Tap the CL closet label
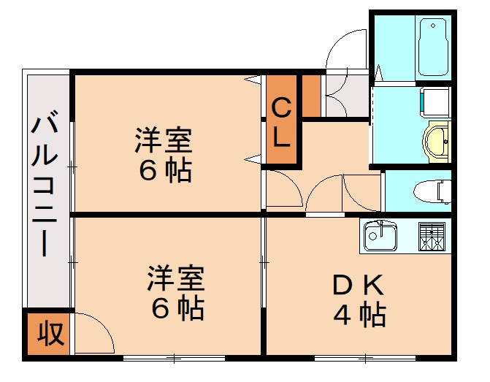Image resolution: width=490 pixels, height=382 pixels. (282, 123)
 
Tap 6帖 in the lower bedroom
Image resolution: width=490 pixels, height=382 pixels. (177, 310)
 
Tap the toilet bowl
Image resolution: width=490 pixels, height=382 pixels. (432, 192)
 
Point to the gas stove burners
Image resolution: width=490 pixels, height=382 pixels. (432, 235)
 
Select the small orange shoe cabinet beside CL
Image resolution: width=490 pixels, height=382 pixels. (311, 95)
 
